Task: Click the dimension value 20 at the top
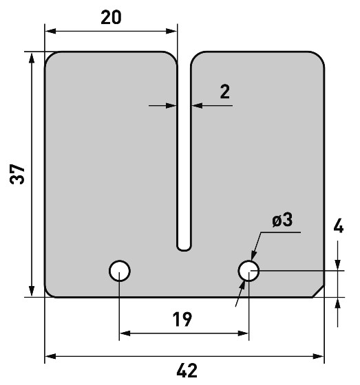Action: [x=111, y=17]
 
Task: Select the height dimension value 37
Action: [x=17, y=174]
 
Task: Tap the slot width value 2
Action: [x=225, y=91]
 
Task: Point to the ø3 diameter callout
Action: [x=282, y=220]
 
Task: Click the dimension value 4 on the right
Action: [x=339, y=225]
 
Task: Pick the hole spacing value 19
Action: [x=182, y=319]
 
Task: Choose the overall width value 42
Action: [x=187, y=371]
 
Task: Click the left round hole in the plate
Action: [x=120, y=271]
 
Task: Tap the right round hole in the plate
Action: [x=248, y=271]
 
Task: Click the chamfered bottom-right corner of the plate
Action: [x=319, y=291]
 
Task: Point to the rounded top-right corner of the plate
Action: [x=319, y=56]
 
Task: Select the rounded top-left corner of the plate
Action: [x=49, y=56]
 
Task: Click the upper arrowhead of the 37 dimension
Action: [x=32, y=58]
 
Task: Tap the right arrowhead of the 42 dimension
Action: [x=319, y=356]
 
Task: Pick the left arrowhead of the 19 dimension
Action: [x=125, y=333]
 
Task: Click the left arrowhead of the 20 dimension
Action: [x=50, y=31]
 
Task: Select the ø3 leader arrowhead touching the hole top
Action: [x=253, y=255]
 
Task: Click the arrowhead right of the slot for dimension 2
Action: [x=197, y=106]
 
